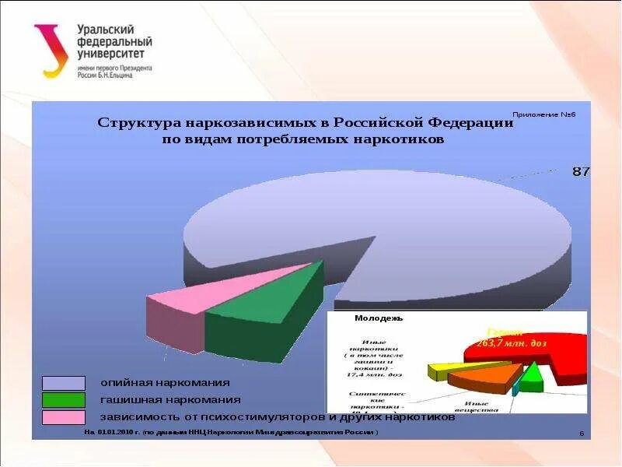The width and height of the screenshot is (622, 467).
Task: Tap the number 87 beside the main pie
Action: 581,171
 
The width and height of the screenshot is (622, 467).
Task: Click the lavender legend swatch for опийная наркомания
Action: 64,383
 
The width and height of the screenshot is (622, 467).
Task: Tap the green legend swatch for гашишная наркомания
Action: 64,400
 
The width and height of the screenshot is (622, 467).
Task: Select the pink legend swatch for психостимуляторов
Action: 64,417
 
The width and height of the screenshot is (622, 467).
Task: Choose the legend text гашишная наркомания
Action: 170,400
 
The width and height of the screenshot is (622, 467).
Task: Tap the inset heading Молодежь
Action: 379,318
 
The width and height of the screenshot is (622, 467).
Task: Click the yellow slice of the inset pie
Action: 445,370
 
